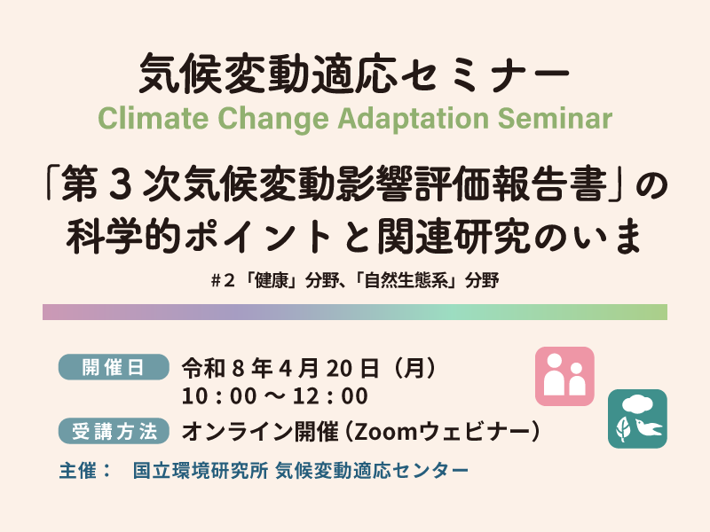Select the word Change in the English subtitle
coord(264,118)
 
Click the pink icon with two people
coord(564,376)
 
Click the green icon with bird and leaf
coord(636,419)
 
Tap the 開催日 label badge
coord(113,366)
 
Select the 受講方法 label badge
coord(113,432)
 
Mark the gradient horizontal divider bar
coord(355,312)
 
